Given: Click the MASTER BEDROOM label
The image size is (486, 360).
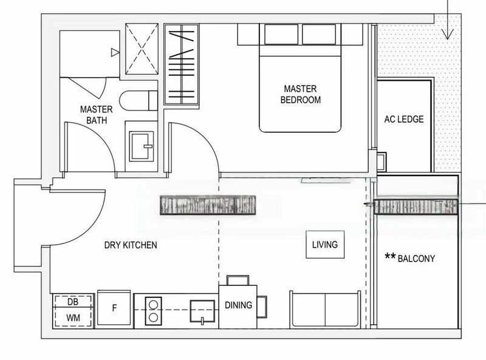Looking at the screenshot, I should pyautogui.click(x=300, y=94).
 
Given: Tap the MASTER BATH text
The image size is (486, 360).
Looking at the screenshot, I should pyautogui.click(x=97, y=115).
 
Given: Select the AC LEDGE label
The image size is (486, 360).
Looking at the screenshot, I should pyautogui.click(x=403, y=119).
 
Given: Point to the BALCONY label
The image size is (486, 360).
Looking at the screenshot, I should pyautogui.click(x=416, y=258).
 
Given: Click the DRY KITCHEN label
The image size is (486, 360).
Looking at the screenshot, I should pyautogui.click(x=131, y=245).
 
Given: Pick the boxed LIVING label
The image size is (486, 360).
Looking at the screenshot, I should pyautogui.click(x=324, y=245).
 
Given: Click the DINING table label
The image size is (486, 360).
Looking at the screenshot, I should pyautogui.click(x=238, y=305).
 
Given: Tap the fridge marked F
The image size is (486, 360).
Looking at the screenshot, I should pyautogui.click(x=114, y=308).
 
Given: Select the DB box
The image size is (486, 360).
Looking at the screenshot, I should pyautogui.click(x=73, y=302).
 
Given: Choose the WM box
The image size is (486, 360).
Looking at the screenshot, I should pyautogui.click(x=73, y=317).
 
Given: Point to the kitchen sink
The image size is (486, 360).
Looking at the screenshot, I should pyautogui.click(x=202, y=310).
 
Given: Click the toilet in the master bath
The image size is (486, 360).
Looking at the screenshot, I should pyautogui.click(x=139, y=101).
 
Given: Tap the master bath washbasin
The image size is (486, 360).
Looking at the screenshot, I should pyautogui.click(x=141, y=146).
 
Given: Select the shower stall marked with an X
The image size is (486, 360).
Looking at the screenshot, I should pyautogui.click(x=142, y=49).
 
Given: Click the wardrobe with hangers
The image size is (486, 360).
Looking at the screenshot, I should pyautogui.click(x=182, y=64).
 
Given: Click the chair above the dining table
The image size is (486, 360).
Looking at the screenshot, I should pyautogui.click(x=238, y=280).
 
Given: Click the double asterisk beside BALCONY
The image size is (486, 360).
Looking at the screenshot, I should pyautogui.click(x=390, y=257).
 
